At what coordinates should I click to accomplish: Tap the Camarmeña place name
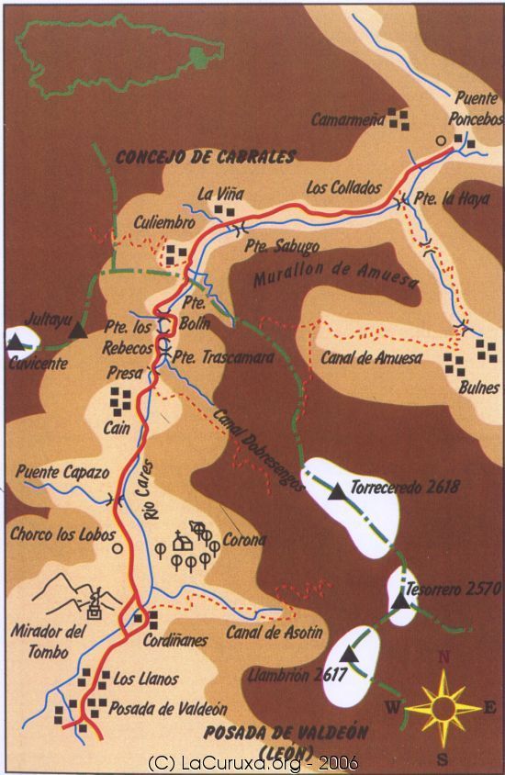tap(345, 119)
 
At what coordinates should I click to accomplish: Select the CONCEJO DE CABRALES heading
tap(206, 157)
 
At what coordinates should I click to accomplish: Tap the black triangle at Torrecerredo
tap(339, 492)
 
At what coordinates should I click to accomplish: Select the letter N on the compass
tap(444, 657)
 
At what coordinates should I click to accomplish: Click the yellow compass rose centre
tap(443, 708)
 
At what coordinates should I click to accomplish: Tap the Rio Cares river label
tap(152, 500)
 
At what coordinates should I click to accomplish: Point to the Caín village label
tap(116, 427)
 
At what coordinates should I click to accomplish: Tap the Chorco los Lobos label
tap(62, 534)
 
